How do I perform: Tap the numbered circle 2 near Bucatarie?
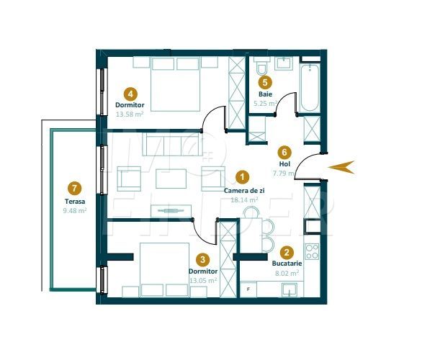pos(287,253)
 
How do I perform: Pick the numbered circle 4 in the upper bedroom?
pos(130,93)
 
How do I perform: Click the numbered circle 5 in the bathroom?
pos(264,82)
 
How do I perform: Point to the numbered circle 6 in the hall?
pos(284,153)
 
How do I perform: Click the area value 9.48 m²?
pos(76,212)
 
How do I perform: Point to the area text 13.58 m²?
pos(130,114)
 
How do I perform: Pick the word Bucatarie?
pos(286,264)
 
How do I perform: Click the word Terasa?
pos(75,202)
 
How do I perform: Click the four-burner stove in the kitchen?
pos(312,252)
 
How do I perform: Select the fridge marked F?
pos(248,289)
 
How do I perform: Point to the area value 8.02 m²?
pos(286,274)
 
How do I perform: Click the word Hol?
pos(284,164)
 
